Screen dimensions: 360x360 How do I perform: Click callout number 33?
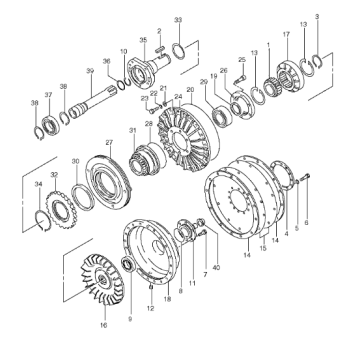pos(178,19)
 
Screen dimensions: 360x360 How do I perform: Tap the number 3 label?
pos(316,17)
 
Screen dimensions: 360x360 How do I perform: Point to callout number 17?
pos(285,35)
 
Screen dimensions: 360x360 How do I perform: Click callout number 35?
pos(143,40)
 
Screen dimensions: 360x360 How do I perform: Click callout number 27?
pos(109,143)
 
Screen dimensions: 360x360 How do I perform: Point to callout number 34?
pos(38,184)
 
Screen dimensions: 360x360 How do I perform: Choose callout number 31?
pos(131,131)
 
